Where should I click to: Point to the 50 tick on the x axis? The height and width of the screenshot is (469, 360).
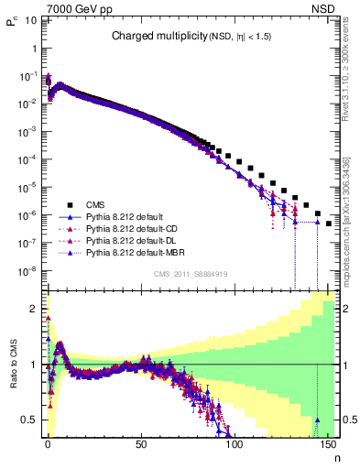[x=141, y=445]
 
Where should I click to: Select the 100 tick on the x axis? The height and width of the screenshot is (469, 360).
[x=235, y=445]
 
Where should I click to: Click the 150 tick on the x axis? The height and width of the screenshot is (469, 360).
[x=328, y=445]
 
